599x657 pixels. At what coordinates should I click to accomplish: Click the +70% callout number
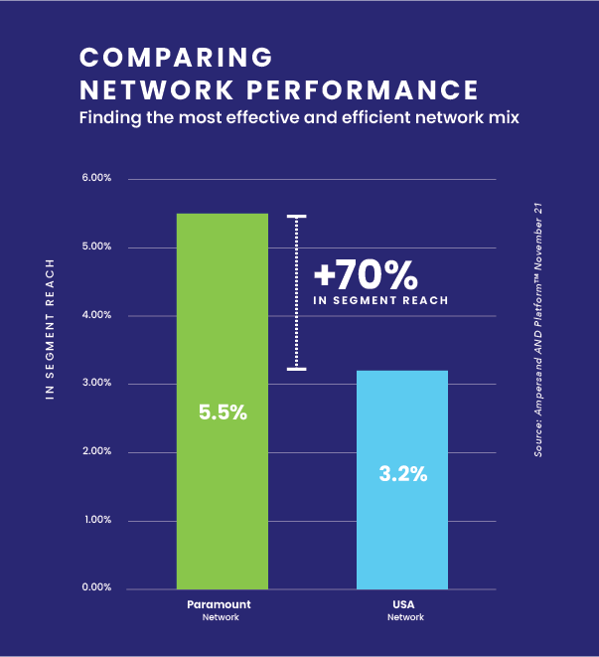click(364, 273)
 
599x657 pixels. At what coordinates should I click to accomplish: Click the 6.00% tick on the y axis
click(96, 179)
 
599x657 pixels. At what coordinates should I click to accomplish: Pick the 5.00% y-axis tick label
click(96, 247)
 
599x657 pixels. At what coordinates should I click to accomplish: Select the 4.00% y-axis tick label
click(96, 315)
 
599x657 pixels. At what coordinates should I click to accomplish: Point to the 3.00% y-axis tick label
click(96, 384)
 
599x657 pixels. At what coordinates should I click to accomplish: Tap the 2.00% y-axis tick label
click(96, 452)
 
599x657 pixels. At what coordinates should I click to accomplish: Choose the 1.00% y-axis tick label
click(96, 520)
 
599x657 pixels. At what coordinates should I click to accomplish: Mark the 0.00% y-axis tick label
click(96, 588)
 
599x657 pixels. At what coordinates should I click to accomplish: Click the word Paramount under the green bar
click(219, 604)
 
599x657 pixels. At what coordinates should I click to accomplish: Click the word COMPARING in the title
click(175, 56)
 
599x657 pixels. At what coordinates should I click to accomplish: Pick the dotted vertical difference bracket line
click(296, 293)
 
